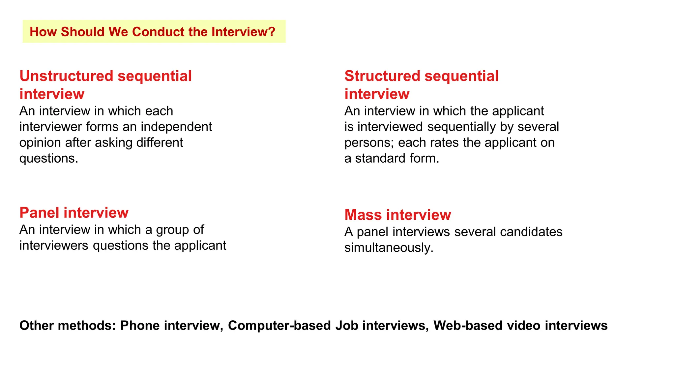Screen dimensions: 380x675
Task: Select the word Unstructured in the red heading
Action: point(66,76)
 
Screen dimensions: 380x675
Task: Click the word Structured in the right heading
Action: point(382,76)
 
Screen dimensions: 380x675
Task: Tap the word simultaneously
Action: point(389,248)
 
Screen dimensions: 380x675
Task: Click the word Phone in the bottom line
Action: point(140,326)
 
